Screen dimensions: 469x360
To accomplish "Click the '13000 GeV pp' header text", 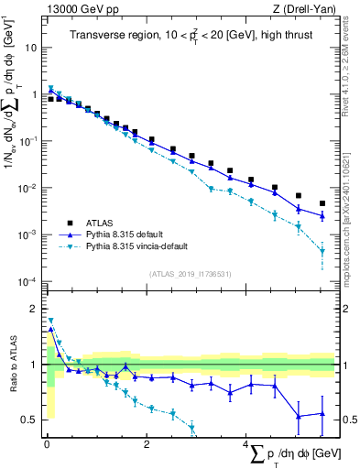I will coord(76,8).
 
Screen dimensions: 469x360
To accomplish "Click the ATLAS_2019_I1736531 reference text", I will coord(190,274).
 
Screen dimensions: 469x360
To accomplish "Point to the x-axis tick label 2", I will coord(147,444).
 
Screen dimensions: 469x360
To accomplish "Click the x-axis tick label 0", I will coord(47,444).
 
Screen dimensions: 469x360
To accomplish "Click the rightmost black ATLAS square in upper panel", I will coord(322,203).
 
